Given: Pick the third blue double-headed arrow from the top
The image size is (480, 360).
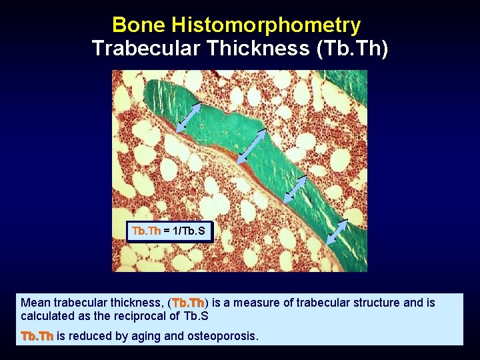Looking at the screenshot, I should [x=295, y=189].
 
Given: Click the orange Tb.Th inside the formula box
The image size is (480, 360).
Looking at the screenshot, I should [x=146, y=231].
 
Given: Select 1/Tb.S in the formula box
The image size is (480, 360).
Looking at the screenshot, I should [x=189, y=231].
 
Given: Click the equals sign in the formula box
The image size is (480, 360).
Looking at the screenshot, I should [x=167, y=231].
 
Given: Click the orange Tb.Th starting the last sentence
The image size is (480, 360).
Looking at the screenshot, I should [x=37, y=336].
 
